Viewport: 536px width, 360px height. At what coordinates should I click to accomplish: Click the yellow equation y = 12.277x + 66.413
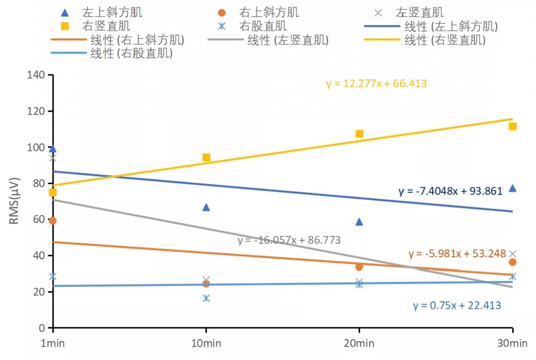376,83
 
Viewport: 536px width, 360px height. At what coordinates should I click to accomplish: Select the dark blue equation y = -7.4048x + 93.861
450,191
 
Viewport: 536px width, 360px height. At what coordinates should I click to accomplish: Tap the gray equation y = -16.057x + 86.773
289,240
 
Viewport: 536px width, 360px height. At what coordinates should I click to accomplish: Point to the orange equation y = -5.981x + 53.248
457,254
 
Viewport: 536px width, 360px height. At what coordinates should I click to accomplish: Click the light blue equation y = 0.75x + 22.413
457,305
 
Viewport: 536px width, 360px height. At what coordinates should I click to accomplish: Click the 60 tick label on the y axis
38,219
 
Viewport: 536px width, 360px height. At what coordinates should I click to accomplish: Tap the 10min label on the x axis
206,344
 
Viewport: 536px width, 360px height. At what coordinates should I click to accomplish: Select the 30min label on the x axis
512,344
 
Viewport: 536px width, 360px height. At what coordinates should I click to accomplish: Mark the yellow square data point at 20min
359,134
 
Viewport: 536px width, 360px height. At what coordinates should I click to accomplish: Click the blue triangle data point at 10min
206,207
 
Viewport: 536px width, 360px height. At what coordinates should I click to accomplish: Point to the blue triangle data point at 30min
513,188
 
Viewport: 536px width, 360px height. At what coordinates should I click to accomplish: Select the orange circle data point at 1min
53,220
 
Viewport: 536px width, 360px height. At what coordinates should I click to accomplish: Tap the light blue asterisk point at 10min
206,298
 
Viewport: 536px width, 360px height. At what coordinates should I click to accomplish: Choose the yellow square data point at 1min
53,192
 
